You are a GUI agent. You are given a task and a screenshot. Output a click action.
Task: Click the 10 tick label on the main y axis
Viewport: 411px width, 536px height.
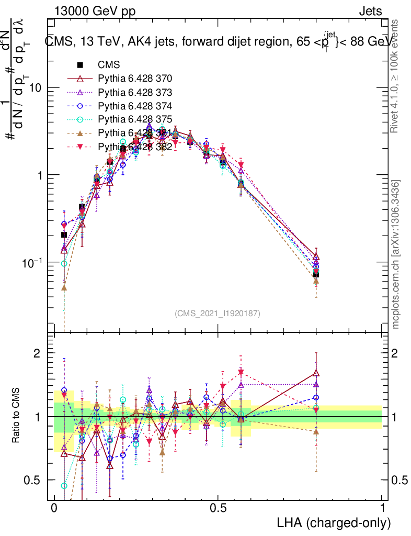(35, 88)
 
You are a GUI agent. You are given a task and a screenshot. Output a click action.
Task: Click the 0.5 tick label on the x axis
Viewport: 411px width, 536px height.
(218, 508)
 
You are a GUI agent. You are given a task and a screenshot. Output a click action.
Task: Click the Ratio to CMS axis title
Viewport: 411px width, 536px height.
(16, 416)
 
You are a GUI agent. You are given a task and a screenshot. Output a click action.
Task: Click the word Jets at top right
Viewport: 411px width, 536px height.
(370, 11)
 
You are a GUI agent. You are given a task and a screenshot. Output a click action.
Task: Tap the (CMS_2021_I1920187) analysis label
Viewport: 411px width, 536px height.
(218, 313)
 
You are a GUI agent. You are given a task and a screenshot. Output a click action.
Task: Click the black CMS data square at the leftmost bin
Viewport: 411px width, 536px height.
(64, 234)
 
